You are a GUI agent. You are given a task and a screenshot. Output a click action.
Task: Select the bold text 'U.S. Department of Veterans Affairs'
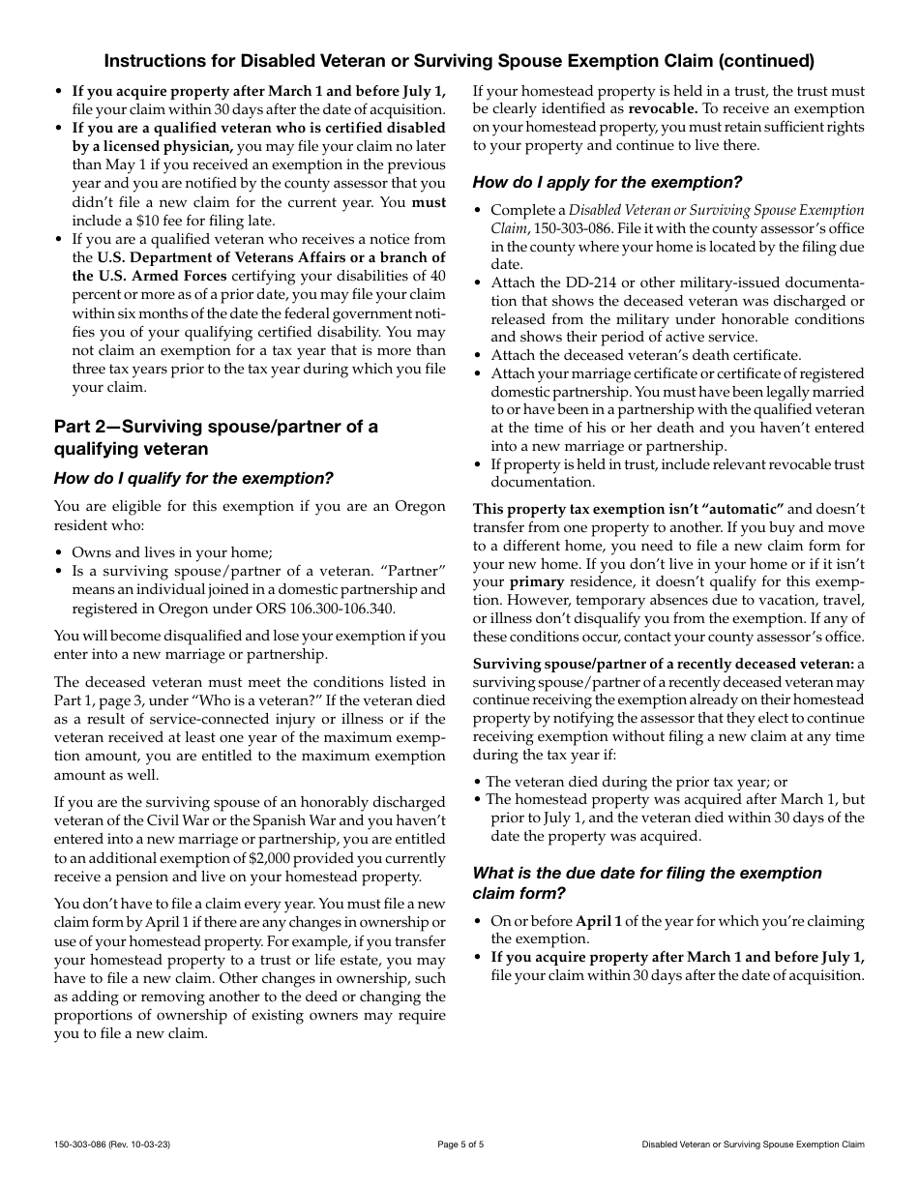pos(232,257)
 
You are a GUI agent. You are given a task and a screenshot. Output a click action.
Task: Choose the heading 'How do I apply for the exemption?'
pos(608,182)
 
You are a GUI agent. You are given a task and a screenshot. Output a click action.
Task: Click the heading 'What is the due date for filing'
pos(646,873)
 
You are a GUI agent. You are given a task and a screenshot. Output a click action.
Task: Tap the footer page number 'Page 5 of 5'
pos(459,1145)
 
